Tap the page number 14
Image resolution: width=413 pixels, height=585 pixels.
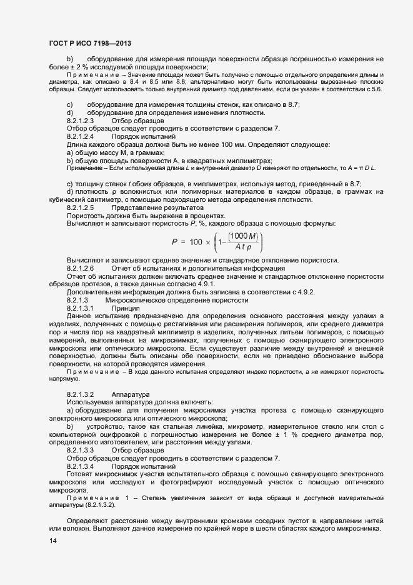tap(53, 540)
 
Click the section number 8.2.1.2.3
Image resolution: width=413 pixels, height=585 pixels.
tap(80, 120)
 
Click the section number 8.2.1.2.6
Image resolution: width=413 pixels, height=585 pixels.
tap(80, 267)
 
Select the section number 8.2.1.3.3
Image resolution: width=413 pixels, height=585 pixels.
tap(80, 451)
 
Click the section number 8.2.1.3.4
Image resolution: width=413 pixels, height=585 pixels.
tap(80, 467)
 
